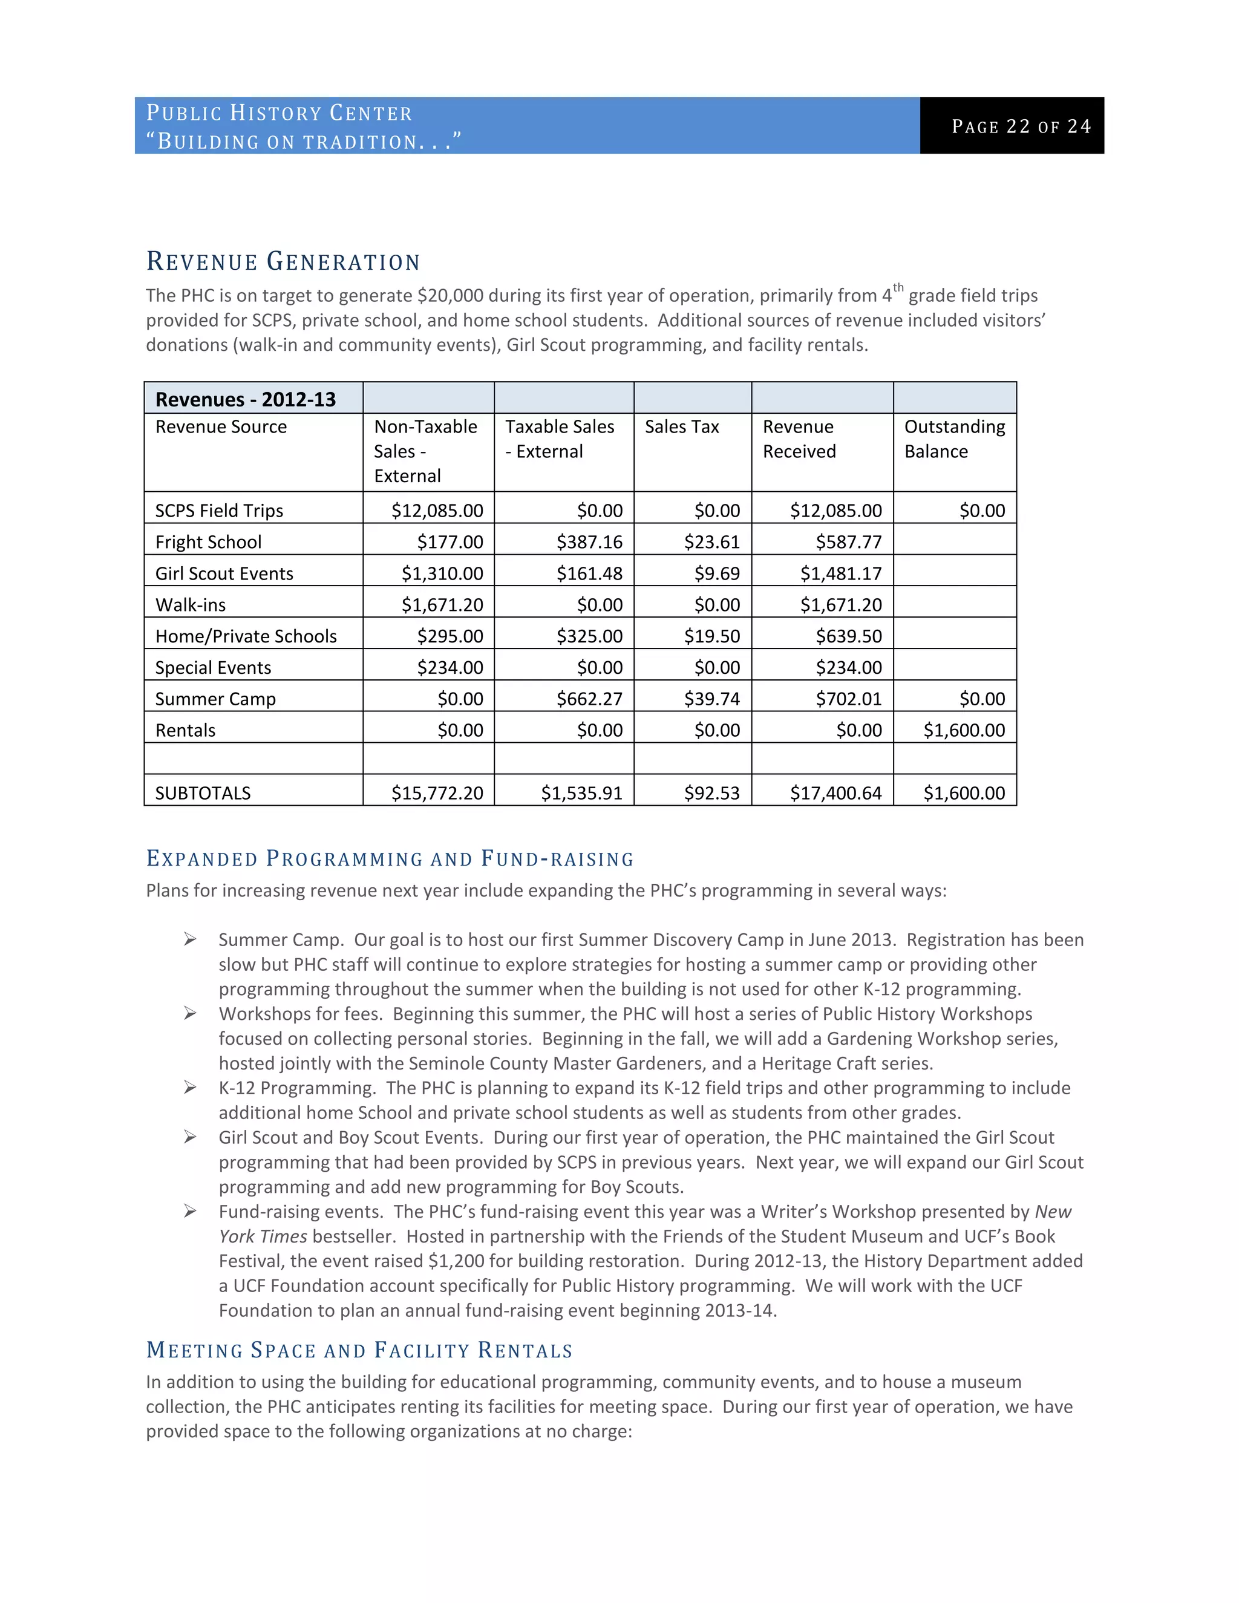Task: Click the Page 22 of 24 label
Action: click(1021, 126)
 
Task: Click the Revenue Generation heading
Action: click(283, 261)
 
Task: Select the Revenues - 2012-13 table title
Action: click(245, 399)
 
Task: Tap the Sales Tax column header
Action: click(681, 426)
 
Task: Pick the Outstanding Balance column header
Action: click(953, 439)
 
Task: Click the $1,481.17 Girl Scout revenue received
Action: click(840, 573)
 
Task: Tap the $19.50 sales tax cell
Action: click(711, 636)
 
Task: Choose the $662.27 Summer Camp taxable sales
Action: click(589, 699)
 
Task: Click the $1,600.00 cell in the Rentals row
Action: click(964, 730)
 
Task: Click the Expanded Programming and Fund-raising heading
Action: click(390, 859)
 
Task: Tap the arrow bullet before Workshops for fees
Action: click(190, 1014)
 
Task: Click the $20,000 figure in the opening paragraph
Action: click(450, 295)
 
